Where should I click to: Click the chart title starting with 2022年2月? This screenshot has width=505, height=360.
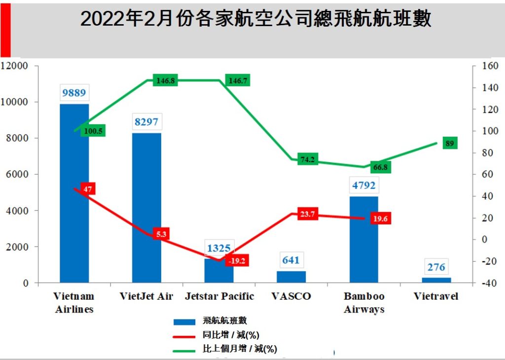(255, 19)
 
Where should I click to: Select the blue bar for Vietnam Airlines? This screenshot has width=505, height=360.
(74, 197)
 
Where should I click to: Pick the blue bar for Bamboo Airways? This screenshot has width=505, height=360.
(363, 242)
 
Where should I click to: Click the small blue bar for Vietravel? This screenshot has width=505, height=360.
(436, 280)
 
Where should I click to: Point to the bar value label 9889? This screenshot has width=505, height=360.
(74, 93)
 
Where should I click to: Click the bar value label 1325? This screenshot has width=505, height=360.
(219, 248)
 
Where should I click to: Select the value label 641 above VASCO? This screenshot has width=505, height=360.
(291, 260)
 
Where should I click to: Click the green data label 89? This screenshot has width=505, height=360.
(450, 144)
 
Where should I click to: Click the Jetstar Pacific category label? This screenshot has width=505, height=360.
(219, 296)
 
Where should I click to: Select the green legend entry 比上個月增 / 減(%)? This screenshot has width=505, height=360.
(240, 349)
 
